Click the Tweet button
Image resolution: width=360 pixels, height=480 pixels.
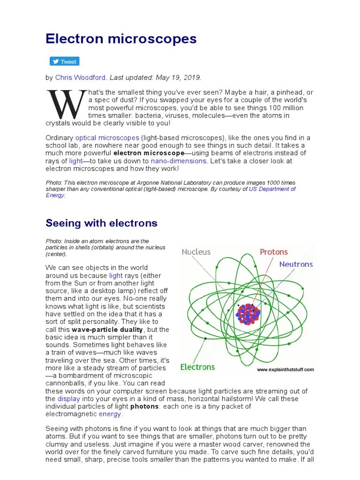pos(65,61)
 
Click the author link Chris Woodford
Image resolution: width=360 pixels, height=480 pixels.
pos(81,77)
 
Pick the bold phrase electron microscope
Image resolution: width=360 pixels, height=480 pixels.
pos(149,153)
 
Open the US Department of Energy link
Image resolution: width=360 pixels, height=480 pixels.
pos(272,189)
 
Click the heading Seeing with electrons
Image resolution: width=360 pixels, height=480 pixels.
pos(101,223)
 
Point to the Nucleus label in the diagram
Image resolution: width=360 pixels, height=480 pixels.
pos(196,252)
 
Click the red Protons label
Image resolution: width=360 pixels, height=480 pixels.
pos(274,252)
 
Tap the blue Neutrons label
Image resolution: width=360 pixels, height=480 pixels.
pos(296,264)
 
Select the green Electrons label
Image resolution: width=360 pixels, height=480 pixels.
pos(197,367)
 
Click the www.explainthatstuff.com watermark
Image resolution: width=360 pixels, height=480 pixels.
pos(285,369)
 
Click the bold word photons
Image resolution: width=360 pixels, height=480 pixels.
pos(144,406)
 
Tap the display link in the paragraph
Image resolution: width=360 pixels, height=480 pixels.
pos(69,399)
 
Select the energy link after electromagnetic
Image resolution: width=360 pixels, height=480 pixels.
pos(110,414)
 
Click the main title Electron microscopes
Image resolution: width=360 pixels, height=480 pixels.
pos(121,39)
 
